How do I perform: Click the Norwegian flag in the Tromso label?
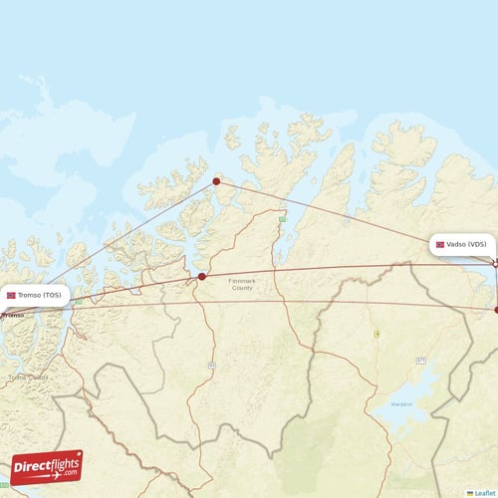coord(12,295)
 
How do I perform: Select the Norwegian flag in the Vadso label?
coord(440,244)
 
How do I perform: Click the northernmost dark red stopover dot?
coord(216,181)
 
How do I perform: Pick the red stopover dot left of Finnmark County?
coord(202,277)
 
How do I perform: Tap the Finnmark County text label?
coord(242,285)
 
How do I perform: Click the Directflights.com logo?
coord(46,467)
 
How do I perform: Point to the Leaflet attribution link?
coord(485,492)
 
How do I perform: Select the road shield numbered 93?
coord(211,366)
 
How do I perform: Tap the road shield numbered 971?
coord(421,360)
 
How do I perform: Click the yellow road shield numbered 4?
coord(376,334)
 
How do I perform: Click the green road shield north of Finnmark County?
coord(283,218)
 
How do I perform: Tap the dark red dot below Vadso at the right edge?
coord(496,310)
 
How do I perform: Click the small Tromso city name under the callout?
coord(13,315)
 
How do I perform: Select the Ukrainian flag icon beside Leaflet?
coord(470,492)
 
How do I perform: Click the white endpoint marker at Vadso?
coord(495,262)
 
